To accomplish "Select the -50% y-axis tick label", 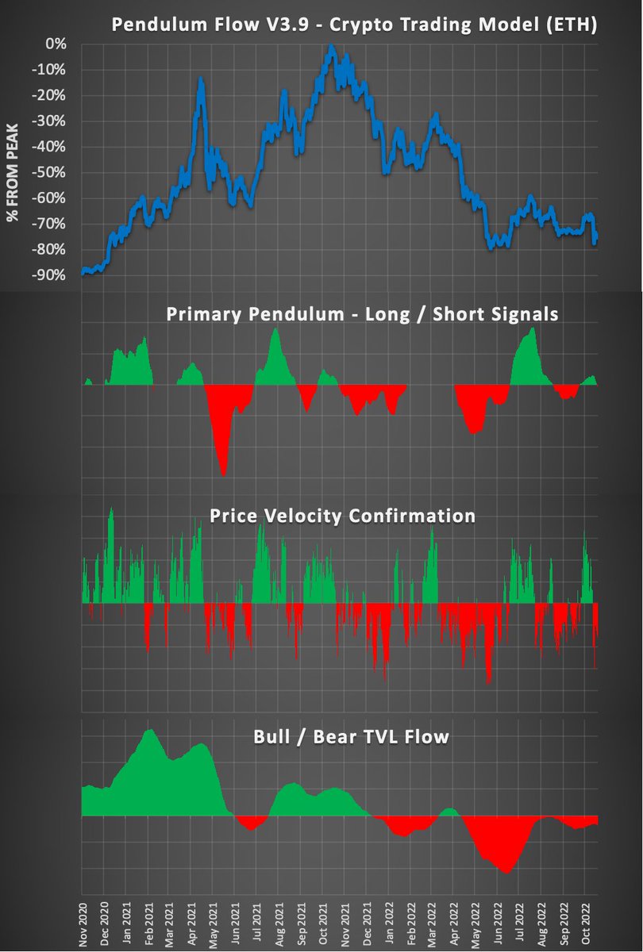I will tap(52, 173).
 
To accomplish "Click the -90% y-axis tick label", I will tap(52, 275).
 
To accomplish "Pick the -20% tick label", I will tap(52, 96).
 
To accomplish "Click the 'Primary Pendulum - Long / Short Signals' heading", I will tap(362, 314).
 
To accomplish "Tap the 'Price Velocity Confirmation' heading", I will tap(342, 516).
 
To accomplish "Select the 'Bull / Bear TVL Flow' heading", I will tap(351, 737).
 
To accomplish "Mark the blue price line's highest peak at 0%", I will tap(330, 47).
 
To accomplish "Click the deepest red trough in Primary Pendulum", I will tap(224, 474).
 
